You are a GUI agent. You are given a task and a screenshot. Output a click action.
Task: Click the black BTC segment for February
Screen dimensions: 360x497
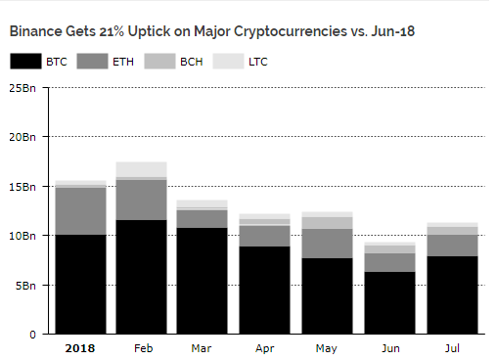[x=141, y=277]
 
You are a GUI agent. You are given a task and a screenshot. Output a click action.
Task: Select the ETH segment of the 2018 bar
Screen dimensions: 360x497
[x=80, y=210]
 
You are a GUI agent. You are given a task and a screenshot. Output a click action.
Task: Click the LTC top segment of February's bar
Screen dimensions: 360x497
[x=141, y=168]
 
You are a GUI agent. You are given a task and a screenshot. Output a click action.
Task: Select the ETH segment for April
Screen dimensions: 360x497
[x=263, y=235]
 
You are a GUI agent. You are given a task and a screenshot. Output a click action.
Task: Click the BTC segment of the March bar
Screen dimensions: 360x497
[x=202, y=281]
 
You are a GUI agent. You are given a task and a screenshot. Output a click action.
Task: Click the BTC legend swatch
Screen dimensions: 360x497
[x=25, y=62]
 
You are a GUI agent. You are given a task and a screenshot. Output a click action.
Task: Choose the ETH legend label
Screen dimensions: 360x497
[x=122, y=62]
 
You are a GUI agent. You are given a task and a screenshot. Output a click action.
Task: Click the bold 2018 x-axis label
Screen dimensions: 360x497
[x=80, y=347]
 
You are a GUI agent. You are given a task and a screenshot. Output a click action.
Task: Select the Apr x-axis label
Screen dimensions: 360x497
[x=263, y=347]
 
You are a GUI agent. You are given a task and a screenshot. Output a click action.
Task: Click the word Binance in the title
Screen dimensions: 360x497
[x=38, y=30]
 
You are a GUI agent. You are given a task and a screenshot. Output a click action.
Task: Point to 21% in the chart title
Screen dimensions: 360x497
[x=112, y=30]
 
